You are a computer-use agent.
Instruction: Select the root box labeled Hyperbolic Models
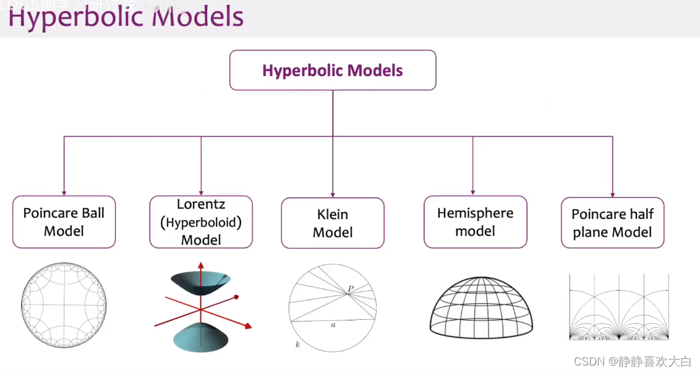pos(333,70)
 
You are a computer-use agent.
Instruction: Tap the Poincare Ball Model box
pos(64,222)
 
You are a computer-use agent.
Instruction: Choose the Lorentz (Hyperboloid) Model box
pos(201,222)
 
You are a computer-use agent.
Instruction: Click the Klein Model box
pos(333,223)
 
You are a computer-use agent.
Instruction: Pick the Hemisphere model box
pos(475,222)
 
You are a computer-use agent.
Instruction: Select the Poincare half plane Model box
pos(612,223)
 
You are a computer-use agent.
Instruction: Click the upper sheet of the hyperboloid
pos(202,281)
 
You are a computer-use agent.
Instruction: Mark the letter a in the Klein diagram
pos(333,324)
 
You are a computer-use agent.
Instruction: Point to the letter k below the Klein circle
pos(297,344)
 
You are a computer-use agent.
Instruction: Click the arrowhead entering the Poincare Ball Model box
pos(64,193)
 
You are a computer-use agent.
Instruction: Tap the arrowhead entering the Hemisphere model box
pos(473,192)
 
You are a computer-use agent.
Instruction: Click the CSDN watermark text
pos(632,361)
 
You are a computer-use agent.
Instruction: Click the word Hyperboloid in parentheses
pos(201,223)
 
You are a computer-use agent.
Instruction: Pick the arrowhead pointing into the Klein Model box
pos(333,194)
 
